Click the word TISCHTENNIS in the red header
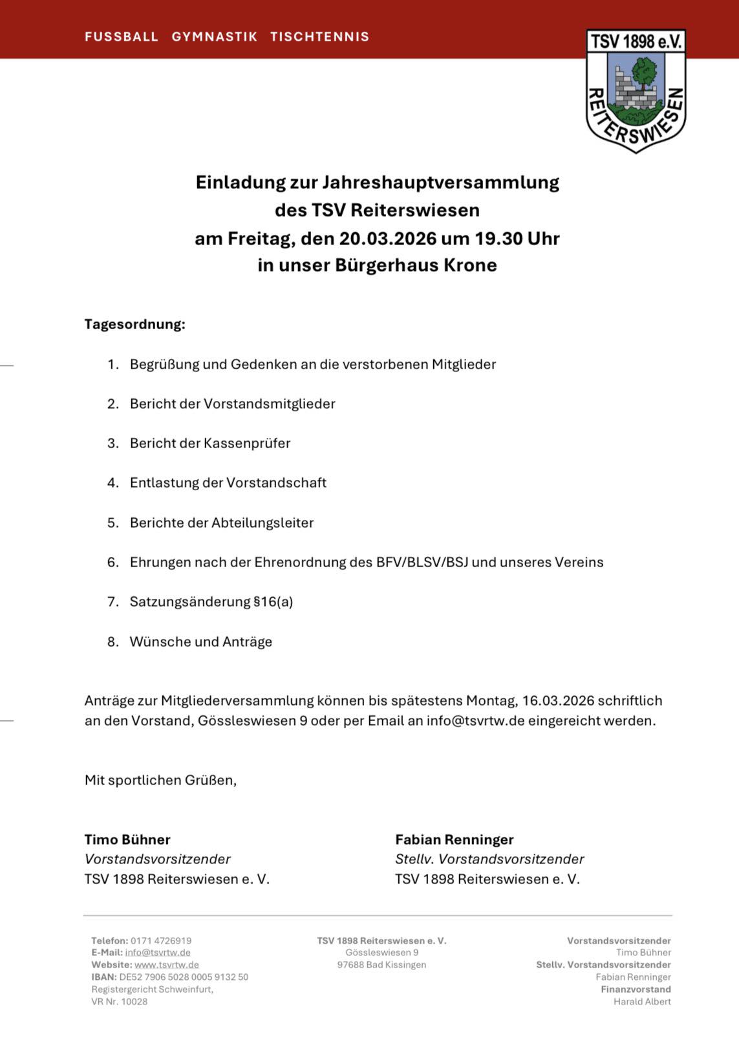(x=319, y=37)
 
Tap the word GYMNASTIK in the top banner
(x=214, y=37)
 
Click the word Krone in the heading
(x=470, y=265)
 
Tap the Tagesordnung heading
(x=134, y=324)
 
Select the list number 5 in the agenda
(x=112, y=523)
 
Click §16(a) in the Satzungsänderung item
(x=273, y=601)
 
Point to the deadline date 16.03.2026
(x=558, y=700)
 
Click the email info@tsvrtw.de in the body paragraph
(x=475, y=720)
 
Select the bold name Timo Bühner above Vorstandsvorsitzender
(x=127, y=840)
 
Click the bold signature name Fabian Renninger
(x=455, y=840)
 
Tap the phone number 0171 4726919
(x=161, y=940)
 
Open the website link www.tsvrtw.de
(x=167, y=964)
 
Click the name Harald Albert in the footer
(x=642, y=1001)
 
